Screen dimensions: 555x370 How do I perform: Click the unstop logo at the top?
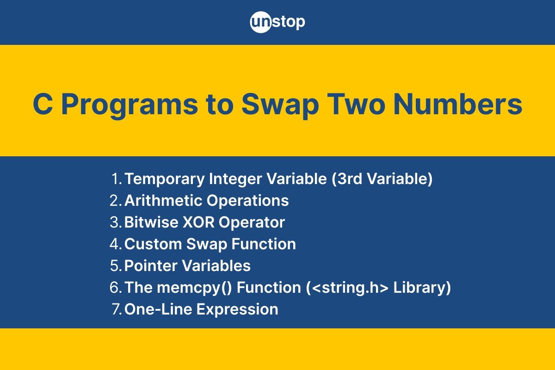click(x=277, y=22)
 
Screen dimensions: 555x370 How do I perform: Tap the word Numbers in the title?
click(x=458, y=104)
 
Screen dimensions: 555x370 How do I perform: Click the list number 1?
click(x=117, y=179)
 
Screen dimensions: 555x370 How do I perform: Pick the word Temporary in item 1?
click(x=165, y=179)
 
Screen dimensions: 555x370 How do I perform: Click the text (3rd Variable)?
click(x=382, y=179)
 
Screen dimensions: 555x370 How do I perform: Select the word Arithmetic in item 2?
click(x=163, y=200)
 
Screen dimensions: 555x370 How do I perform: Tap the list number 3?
click(x=116, y=222)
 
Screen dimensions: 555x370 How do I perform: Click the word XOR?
click(x=198, y=222)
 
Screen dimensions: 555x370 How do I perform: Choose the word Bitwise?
click(x=151, y=222)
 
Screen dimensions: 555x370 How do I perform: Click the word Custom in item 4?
click(x=153, y=244)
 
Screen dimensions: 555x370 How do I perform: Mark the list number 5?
click(x=116, y=265)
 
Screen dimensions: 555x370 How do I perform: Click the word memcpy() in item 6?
click(x=194, y=288)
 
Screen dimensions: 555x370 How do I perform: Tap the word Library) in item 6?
click(x=422, y=288)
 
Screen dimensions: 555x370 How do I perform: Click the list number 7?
click(x=117, y=309)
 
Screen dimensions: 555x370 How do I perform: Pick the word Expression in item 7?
click(x=237, y=310)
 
